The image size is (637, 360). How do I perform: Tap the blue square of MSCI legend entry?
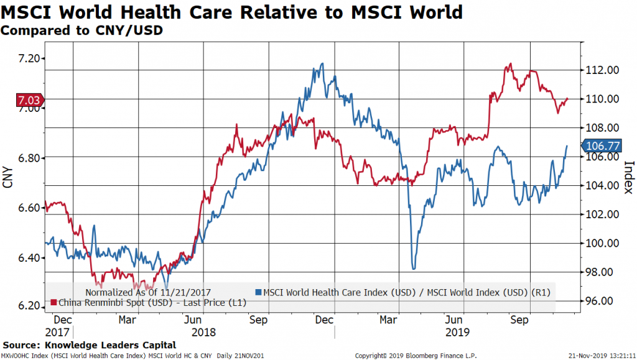258,292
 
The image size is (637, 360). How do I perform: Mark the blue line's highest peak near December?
322,63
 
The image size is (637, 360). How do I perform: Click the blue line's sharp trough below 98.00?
414,268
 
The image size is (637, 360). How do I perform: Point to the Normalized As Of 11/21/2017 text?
148,292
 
